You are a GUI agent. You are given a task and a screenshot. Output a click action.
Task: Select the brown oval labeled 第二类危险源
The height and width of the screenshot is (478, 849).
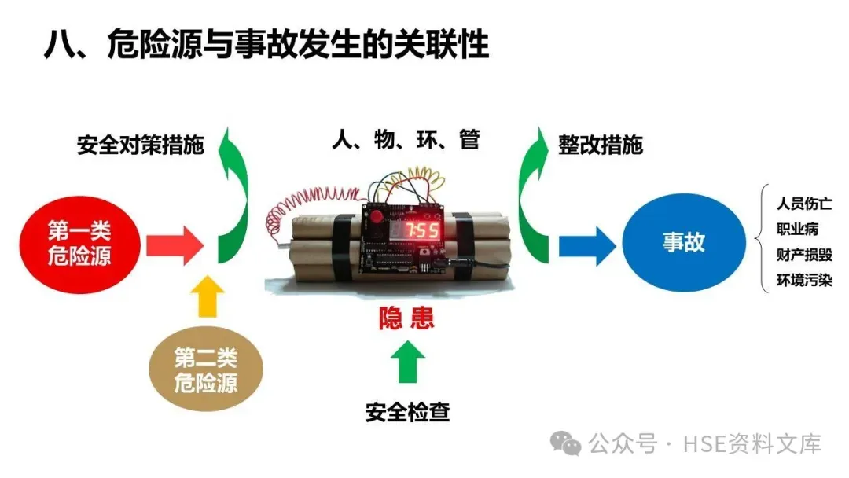coord(205,370)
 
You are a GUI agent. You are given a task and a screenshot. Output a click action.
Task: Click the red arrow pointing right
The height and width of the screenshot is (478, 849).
coord(174,245)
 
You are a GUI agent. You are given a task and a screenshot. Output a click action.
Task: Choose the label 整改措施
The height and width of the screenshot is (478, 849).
coord(601,145)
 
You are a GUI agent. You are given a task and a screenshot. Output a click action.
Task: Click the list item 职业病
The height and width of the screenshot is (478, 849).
coord(797,230)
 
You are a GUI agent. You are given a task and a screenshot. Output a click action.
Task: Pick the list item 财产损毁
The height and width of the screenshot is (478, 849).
coord(803,255)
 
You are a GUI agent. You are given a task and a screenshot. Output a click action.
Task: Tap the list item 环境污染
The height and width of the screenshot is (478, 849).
coord(803,280)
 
